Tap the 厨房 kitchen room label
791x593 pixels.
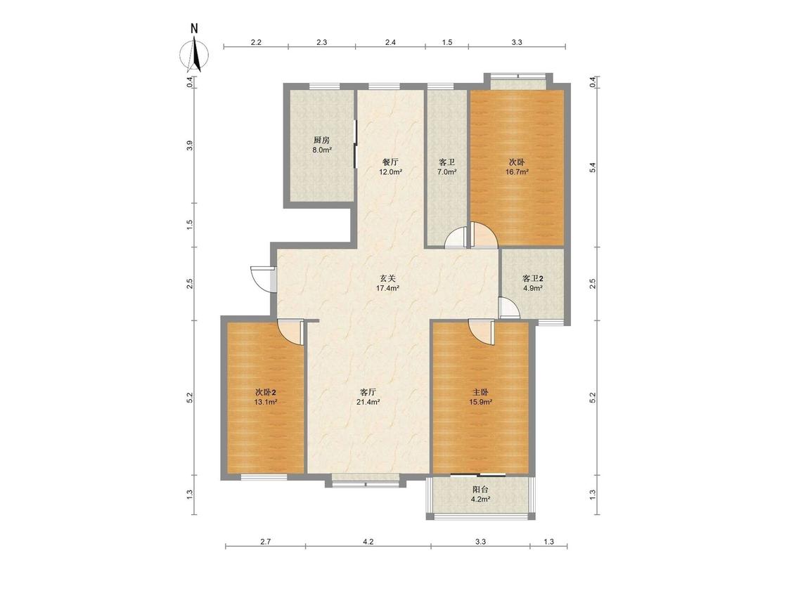click(x=321, y=141)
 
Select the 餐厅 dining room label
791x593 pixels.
click(x=390, y=162)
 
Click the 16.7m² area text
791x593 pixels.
click(x=517, y=172)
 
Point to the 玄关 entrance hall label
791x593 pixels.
click(x=387, y=278)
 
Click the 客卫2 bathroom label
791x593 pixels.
click(x=533, y=278)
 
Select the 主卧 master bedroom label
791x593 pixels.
click(x=480, y=392)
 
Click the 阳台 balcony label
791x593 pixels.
click(x=480, y=489)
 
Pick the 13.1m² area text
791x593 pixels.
click(x=265, y=402)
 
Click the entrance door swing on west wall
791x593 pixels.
click(x=261, y=278)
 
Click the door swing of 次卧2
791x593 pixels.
click(x=290, y=332)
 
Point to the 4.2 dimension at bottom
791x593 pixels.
click(x=368, y=542)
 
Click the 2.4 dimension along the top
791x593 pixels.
click(x=390, y=42)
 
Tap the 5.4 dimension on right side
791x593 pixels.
click(x=593, y=167)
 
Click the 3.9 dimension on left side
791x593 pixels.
click(x=190, y=145)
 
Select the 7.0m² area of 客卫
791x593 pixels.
click(x=447, y=172)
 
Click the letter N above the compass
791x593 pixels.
click(x=194, y=28)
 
